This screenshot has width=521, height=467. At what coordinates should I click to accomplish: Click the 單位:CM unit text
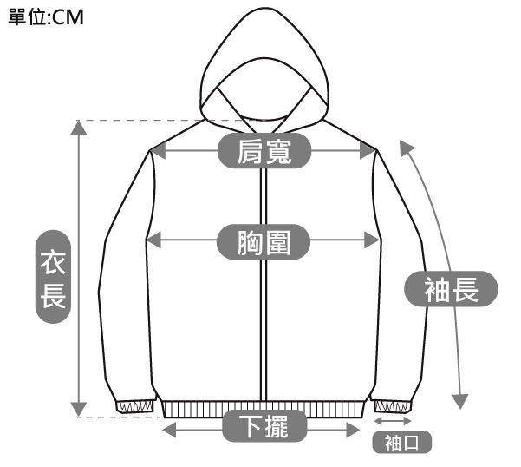(46, 17)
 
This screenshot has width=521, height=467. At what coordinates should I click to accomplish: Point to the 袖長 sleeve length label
(451, 289)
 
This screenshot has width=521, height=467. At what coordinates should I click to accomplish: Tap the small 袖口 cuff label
(401, 443)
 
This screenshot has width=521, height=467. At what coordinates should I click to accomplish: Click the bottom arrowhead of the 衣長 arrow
(79, 409)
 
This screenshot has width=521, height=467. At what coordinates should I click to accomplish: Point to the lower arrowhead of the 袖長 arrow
(460, 401)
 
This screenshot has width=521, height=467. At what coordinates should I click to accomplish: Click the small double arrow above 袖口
(392, 421)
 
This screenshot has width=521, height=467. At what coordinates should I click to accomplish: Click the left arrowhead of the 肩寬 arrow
(159, 151)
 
